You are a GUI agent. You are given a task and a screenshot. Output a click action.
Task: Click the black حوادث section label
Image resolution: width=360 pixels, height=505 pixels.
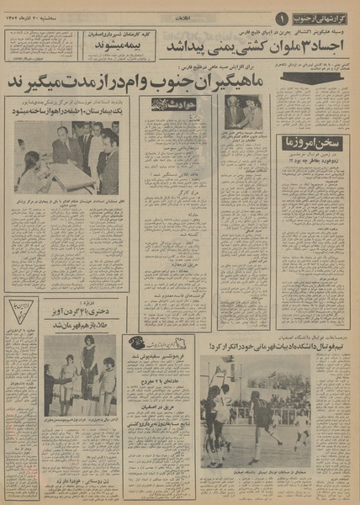169,104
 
